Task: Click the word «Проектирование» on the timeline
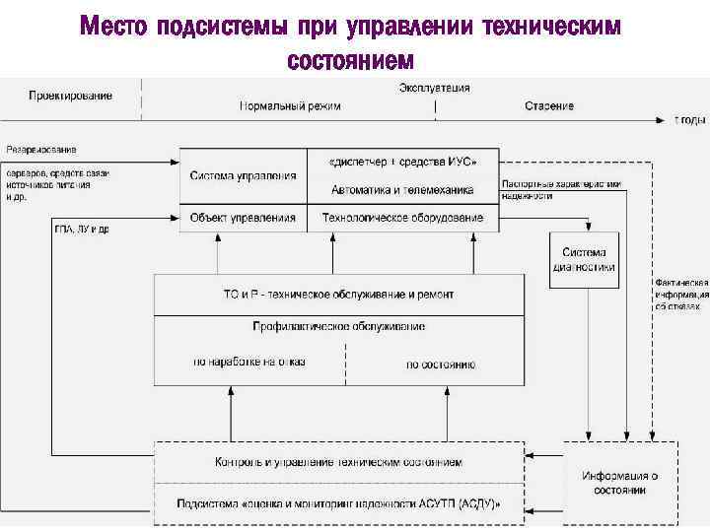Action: [x=70, y=97]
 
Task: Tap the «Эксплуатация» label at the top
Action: [x=434, y=88]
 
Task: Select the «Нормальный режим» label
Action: [x=290, y=106]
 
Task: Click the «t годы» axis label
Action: [x=689, y=119]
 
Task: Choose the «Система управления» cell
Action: [x=243, y=175]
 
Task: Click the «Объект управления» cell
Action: [x=243, y=217]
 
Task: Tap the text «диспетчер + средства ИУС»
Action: [x=402, y=162]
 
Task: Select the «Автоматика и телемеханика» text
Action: [x=402, y=189]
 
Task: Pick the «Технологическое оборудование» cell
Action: [x=402, y=217]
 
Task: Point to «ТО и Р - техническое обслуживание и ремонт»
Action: [x=338, y=295]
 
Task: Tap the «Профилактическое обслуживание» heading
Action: [x=338, y=326]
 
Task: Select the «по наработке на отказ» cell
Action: [x=249, y=362]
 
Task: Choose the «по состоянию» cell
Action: [x=441, y=365]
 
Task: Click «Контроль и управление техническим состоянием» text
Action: [x=338, y=462]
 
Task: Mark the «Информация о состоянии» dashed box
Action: [x=619, y=483]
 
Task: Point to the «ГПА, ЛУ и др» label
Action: [x=82, y=230]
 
